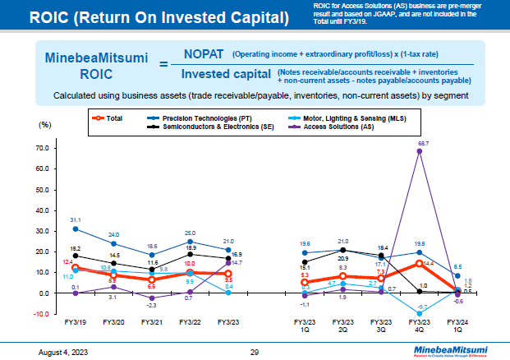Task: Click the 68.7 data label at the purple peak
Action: pos(422,143)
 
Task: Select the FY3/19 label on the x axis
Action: pos(76,322)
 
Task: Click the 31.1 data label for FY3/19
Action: pos(76,219)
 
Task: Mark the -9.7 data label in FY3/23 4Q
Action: pos(422,307)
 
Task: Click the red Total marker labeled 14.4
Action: pos(421,263)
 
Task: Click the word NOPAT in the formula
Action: pos(205,54)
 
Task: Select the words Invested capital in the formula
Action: pos(227,74)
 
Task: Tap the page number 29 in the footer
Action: pos(255,352)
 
